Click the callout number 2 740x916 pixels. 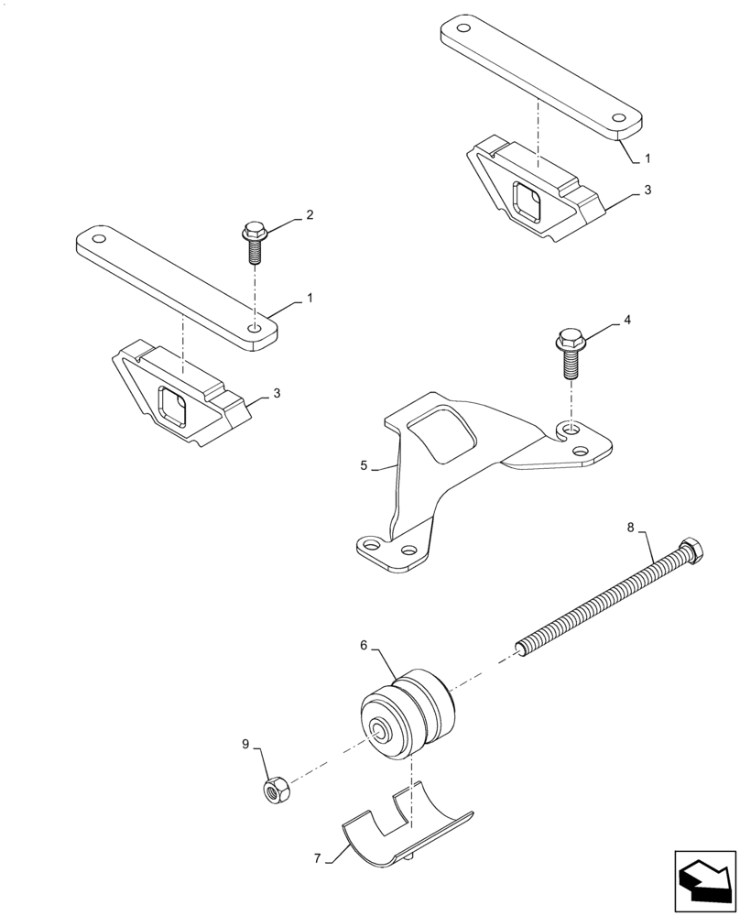pyautogui.click(x=310, y=215)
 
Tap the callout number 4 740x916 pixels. pyautogui.click(x=627, y=321)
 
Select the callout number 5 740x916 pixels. pyautogui.click(x=364, y=465)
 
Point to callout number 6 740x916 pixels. pyautogui.click(x=364, y=645)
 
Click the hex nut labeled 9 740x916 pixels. pyautogui.click(x=272, y=788)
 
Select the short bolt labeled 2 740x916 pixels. pyautogui.click(x=254, y=241)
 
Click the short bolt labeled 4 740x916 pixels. pyautogui.click(x=570, y=352)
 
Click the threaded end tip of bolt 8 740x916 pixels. pyautogui.click(x=522, y=650)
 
